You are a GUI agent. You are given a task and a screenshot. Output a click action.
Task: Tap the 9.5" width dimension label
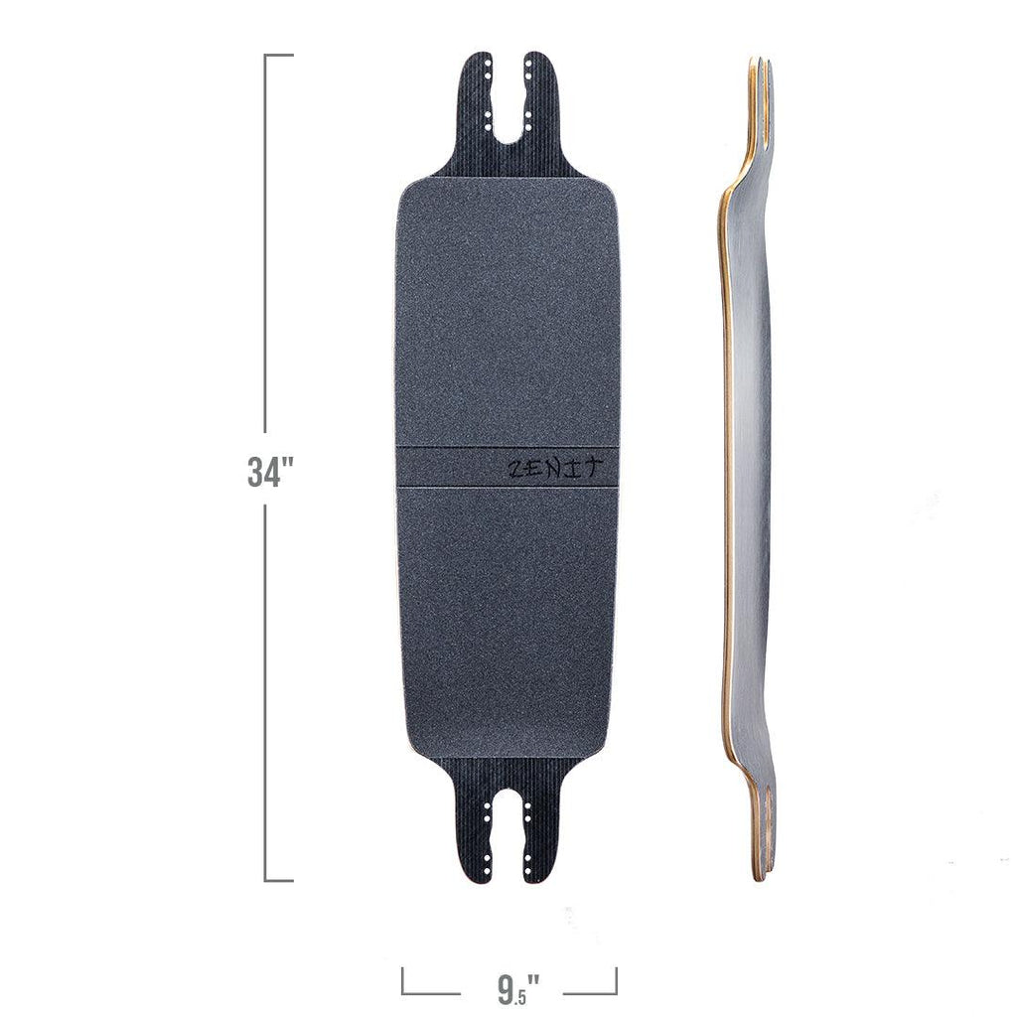[x=517, y=989]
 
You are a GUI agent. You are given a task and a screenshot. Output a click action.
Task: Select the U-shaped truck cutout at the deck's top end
[x=508, y=114]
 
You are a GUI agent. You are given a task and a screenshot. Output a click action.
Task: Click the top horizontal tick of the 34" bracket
[x=279, y=56]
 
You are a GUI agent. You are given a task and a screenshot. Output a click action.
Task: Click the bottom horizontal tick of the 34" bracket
[x=279, y=880]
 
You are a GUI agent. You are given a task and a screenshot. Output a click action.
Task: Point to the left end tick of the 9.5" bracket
[x=402, y=980]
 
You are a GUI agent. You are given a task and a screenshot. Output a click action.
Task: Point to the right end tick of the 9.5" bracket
[x=616, y=980]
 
